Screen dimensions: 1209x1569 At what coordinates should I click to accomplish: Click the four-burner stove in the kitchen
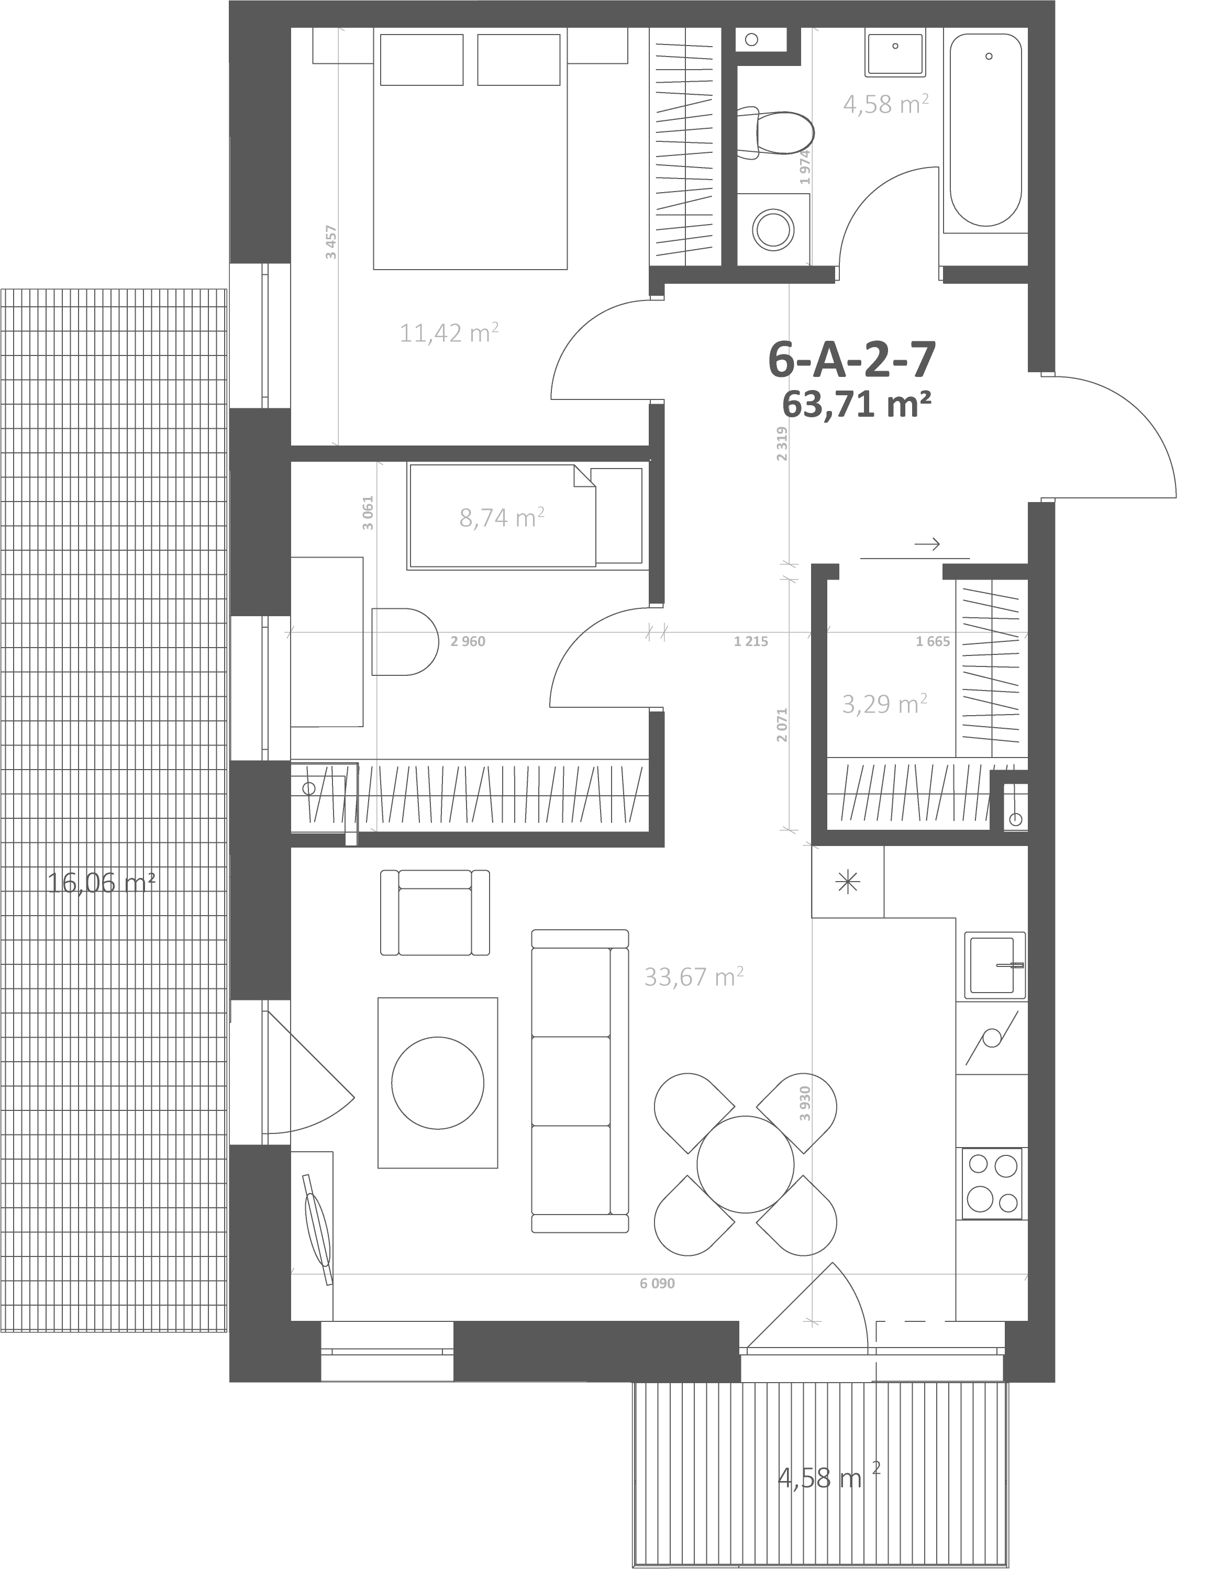pyautogui.click(x=992, y=1183)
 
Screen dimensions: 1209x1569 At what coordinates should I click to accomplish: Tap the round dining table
pyautogui.click(x=745, y=1164)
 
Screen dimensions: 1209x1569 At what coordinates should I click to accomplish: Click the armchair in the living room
pyautogui.click(x=435, y=913)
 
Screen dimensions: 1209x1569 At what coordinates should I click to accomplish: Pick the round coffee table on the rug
pyautogui.click(x=438, y=1083)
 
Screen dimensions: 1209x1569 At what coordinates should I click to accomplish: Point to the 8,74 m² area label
pyautogui.click(x=502, y=517)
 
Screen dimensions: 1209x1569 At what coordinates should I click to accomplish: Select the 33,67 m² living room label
pyautogui.click(x=693, y=976)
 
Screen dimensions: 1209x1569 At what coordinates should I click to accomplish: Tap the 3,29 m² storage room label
pyautogui.click(x=884, y=703)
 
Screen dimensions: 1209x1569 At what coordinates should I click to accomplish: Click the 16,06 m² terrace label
pyautogui.click(x=101, y=882)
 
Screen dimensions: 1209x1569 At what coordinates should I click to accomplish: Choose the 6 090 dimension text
pyautogui.click(x=657, y=1283)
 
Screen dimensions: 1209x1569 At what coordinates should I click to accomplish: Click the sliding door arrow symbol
pyautogui.click(x=927, y=544)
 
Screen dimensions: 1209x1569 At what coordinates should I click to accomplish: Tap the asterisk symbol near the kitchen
pyautogui.click(x=848, y=882)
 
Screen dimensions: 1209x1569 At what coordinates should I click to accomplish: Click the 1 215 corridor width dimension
pyautogui.click(x=751, y=641)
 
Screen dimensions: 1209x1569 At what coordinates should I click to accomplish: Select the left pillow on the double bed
pyautogui.click(x=422, y=60)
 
